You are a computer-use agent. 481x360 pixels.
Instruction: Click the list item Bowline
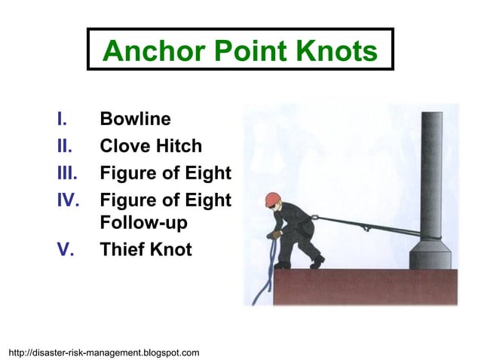click(x=135, y=119)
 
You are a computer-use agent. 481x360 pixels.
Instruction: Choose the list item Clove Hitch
click(x=151, y=146)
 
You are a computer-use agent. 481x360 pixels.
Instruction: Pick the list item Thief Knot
click(x=146, y=249)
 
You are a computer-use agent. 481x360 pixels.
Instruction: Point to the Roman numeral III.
click(x=67, y=173)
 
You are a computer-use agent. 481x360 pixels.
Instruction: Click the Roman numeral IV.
click(x=67, y=200)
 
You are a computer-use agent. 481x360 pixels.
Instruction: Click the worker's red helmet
click(x=273, y=200)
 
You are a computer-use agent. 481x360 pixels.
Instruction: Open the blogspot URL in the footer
click(x=103, y=352)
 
